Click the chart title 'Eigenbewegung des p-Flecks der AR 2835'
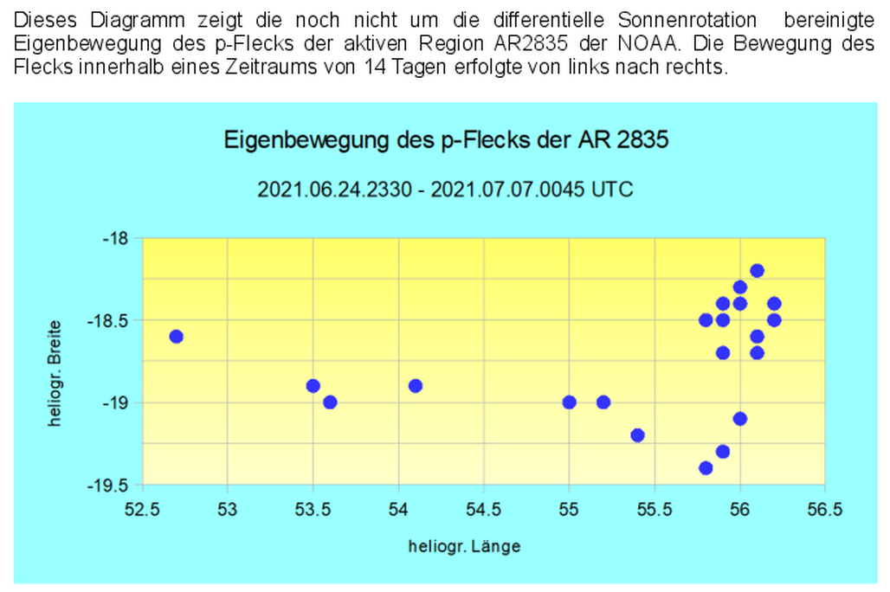pyautogui.click(x=446, y=139)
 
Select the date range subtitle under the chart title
pyautogui.click(x=445, y=190)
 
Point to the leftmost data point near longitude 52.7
pyautogui.click(x=177, y=336)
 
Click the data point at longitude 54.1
pyautogui.click(x=416, y=385)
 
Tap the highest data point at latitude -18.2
pyautogui.click(x=757, y=271)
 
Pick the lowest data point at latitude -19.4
pyautogui.click(x=706, y=468)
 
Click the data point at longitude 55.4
pyautogui.click(x=637, y=435)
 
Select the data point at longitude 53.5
pyautogui.click(x=313, y=385)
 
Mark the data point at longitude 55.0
pyautogui.click(x=569, y=402)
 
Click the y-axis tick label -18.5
pyautogui.click(x=111, y=320)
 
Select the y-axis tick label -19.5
pyautogui.click(x=111, y=485)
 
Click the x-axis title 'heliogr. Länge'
pyautogui.click(x=466, y=546)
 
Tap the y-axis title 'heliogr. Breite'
pyautogui.click(x=55, y=373)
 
